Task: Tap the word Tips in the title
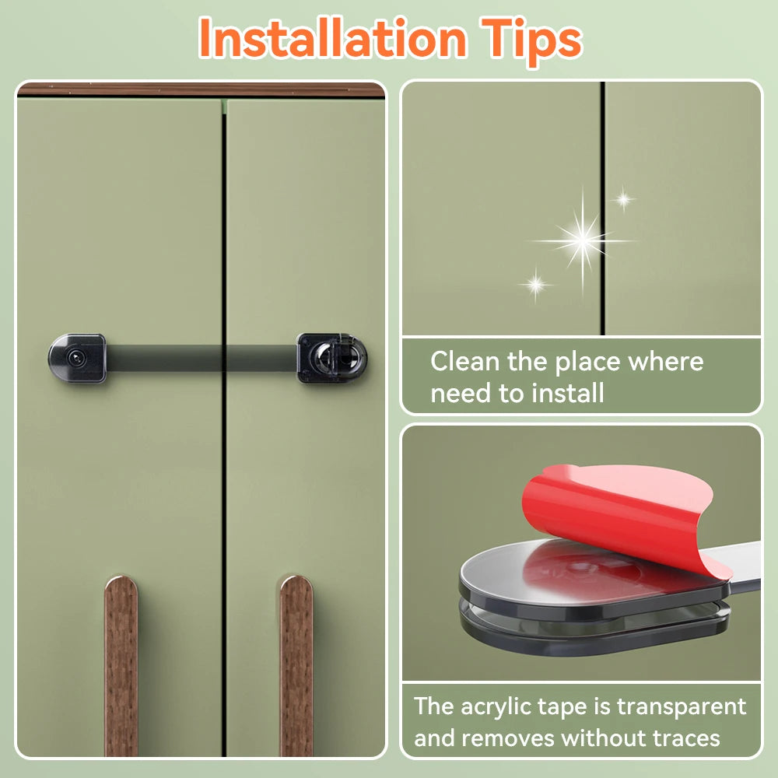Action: point(531,40)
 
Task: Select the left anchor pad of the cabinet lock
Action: point(77,358)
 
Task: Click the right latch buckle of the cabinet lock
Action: point(331,358)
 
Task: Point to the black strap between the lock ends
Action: point(202,358)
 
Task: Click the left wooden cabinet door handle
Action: point(121,666)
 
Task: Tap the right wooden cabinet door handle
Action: point(296,666)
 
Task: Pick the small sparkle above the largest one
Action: point(623,199)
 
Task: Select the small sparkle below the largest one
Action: point(536,284)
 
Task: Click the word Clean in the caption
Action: point(465,361)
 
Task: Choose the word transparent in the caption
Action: point(682,707)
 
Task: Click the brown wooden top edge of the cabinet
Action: point(201,89)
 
